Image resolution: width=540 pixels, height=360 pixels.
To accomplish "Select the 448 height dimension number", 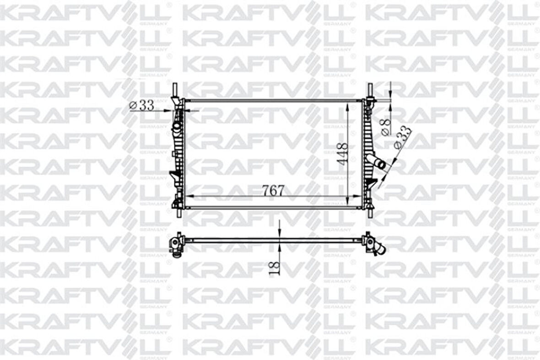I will (342, 154).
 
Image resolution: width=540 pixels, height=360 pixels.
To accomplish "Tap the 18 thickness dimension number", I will (275, 267).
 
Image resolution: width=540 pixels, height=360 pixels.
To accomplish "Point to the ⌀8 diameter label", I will (386, 127).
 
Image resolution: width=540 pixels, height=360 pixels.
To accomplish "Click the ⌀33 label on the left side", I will (141, 105).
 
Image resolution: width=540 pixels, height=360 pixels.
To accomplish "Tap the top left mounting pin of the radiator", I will (175, 89).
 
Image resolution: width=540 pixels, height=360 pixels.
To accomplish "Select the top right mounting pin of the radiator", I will (370, 89).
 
